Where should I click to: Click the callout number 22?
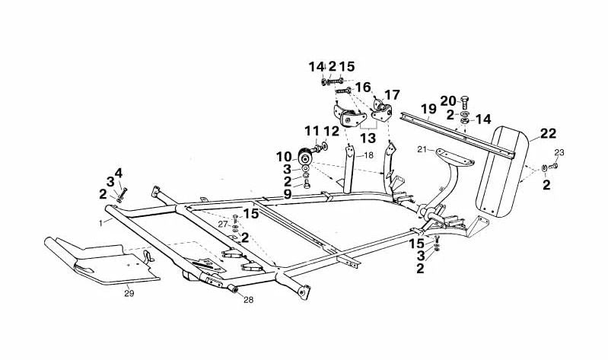pos(548,134)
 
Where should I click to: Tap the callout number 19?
pos(429,108)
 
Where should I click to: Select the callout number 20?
pos(448,101)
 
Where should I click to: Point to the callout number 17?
pos(392,94)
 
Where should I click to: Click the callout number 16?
pos(363,88)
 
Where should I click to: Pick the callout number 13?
pos(368,138)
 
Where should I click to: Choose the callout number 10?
pos(284,157)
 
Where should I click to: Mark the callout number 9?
pos(288,194)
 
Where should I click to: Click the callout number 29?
pos(129,294)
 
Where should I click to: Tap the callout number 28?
pos(249,300)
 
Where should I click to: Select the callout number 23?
pos(559,153)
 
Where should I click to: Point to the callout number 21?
pos(422,148)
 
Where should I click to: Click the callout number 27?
pos(222,224)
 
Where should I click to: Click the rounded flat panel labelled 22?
pos(502,170)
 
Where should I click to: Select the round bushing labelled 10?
pos(305,158)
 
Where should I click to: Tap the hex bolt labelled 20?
pos(465,103)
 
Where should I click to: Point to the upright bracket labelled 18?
pos(349,169)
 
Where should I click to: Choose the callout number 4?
pos(118,173)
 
